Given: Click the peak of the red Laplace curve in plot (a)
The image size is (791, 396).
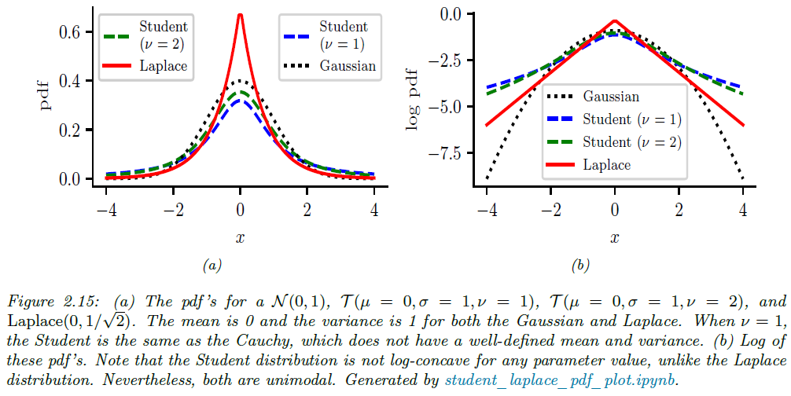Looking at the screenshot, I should click(x=240, y=15).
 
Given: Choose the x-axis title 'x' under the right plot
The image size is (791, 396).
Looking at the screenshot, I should click(x=614, y=236).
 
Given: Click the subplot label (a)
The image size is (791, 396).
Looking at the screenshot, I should click(x=211, y=266).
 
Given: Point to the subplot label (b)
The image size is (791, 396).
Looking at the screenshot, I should click(x=581, y=266).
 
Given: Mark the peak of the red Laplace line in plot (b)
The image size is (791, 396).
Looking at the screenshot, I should click(x=615, y=21).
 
